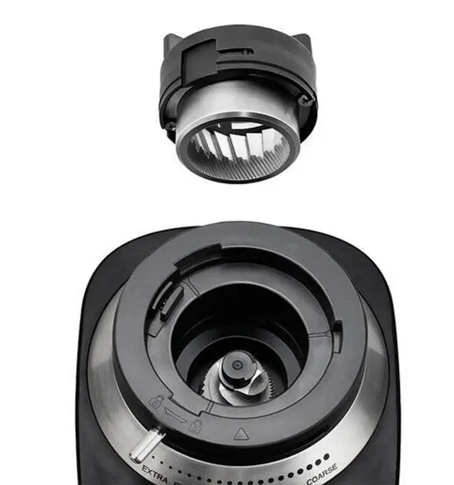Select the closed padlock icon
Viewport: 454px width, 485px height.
click(156, 401)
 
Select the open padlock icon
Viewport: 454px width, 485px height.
click(195, 425)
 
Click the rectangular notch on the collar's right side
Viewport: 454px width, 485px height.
click(337, 331)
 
